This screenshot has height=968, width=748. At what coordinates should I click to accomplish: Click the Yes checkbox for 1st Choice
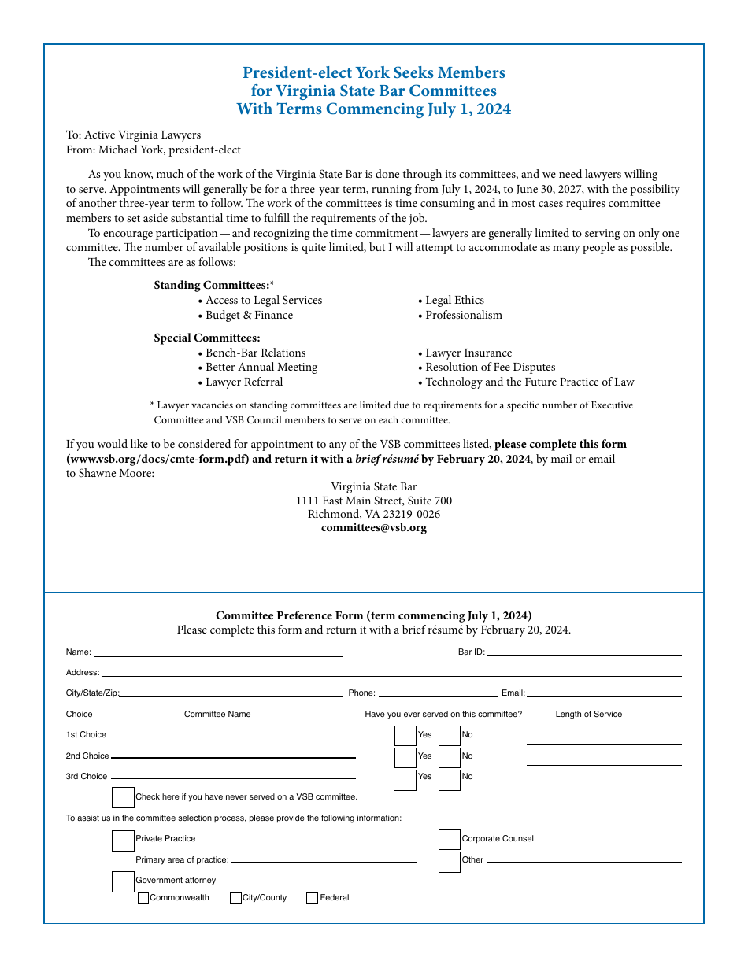click(x=405, y=736)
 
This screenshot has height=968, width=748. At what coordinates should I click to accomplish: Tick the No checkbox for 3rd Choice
click(x=450, y=780)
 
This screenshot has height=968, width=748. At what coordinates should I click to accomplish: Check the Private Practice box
click(x=123, y=841)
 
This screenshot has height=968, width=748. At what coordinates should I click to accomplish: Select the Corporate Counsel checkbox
click(x=450, y=840)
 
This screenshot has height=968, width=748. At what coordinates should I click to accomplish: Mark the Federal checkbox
click(x=312, y=898)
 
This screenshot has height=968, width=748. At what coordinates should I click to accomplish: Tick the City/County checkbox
click(x=235, y=898)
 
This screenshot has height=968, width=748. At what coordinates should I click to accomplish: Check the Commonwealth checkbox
click(x=143, y=898)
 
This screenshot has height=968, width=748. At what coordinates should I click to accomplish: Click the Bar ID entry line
click(x=583, y=653)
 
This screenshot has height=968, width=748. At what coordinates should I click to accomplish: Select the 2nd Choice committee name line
click(x=233, y=756)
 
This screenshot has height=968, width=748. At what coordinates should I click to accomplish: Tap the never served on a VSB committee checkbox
click(x=123, y=797)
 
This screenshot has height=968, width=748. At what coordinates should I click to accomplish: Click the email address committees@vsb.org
click(x=374, y=528)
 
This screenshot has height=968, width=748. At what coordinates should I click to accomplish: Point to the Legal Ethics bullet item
click(x=454, y=301)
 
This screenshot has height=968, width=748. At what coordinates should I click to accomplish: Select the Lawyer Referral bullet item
click(x=244, y=382)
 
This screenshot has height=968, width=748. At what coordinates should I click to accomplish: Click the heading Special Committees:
click(x=207, y=338)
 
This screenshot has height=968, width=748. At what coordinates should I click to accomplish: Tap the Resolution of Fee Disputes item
click(x=490, y=368)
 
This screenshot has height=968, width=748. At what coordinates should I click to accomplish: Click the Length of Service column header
click(x=588, y=715)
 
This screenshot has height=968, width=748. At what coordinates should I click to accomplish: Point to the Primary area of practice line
click(x=323, y=861)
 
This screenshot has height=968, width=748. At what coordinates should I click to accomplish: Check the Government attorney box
click(x=123, y=881)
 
